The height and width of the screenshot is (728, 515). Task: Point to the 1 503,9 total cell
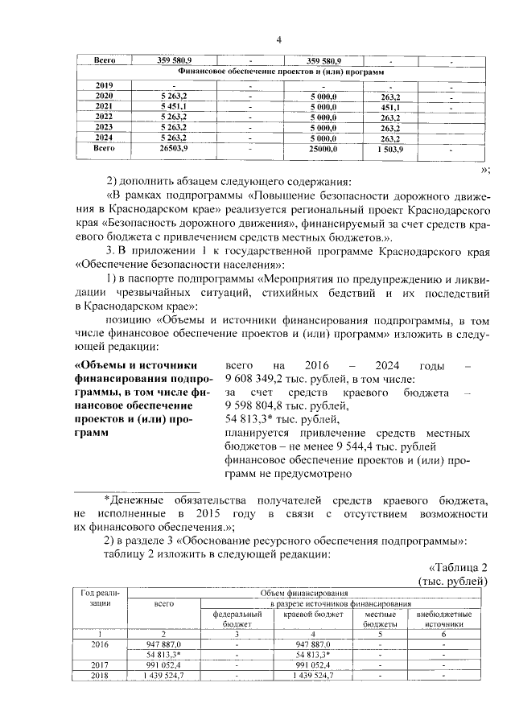tap(390, 149)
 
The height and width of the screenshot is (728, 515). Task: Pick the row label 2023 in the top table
tap(104, 127)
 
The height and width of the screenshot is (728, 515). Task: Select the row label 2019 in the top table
tap(104, 85)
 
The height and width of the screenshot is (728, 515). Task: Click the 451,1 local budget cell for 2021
tap(390, 106)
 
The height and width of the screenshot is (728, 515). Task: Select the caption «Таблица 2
tap(459, 566)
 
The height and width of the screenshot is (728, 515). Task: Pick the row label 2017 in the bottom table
tap(102, 664)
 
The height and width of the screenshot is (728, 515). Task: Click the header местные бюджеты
tap(380, 619)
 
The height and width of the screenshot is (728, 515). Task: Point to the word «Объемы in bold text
tap(104, 366)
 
